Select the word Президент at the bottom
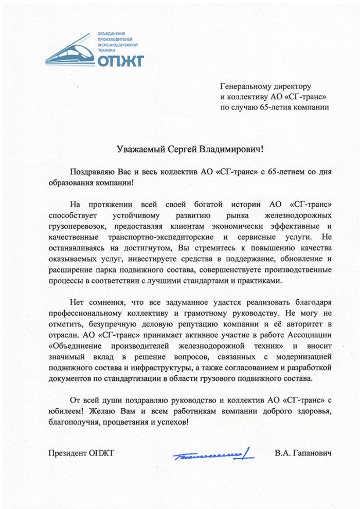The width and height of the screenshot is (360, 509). pyautogui.click(x=67, y=453)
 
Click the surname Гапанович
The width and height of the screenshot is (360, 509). pyautogui.click(x=313, y=453)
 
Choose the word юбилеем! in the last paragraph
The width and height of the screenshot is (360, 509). pyautogui.click(x=65, y=411)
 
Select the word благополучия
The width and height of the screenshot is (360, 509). pyautogui.click(x=75, y=422)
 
